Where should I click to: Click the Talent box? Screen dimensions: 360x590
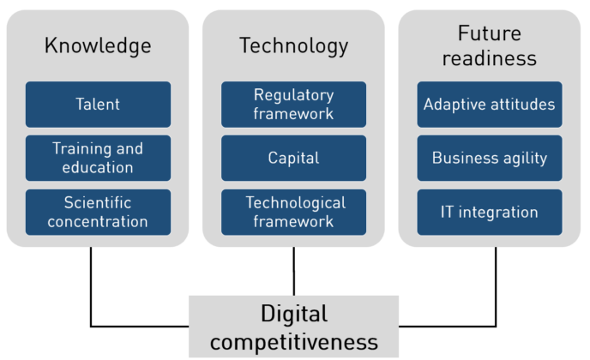click(x=98, y=105)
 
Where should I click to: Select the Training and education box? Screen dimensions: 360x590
click(x=98, y=158)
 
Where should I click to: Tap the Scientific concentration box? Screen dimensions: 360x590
click(x=98, y=212)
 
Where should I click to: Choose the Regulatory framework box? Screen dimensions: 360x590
click(x=293, y=105)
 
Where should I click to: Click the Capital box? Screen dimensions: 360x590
click(x=293, y=158)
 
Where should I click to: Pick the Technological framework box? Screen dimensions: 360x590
click(x=293, y=212)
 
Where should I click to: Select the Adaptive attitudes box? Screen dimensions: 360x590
click(x=490, y=105)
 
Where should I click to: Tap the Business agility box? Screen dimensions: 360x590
click(x=490, y=158)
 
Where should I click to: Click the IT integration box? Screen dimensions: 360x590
click(x=490, y=212)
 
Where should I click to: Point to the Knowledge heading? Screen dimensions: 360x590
click(x=98, y=45)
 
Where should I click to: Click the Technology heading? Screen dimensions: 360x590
click(x=293, y=45)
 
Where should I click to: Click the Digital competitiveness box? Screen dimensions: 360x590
click(x=293, y=327)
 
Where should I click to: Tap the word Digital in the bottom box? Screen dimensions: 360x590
click(x=293, y=313)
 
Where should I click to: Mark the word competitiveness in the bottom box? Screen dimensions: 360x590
click(x=293, y=342)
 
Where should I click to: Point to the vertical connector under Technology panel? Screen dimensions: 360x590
click(x=293, y=271)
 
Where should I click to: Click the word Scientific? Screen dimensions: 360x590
click(x=98, y=203)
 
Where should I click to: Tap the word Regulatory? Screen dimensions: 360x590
click(x=293, y=95)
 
